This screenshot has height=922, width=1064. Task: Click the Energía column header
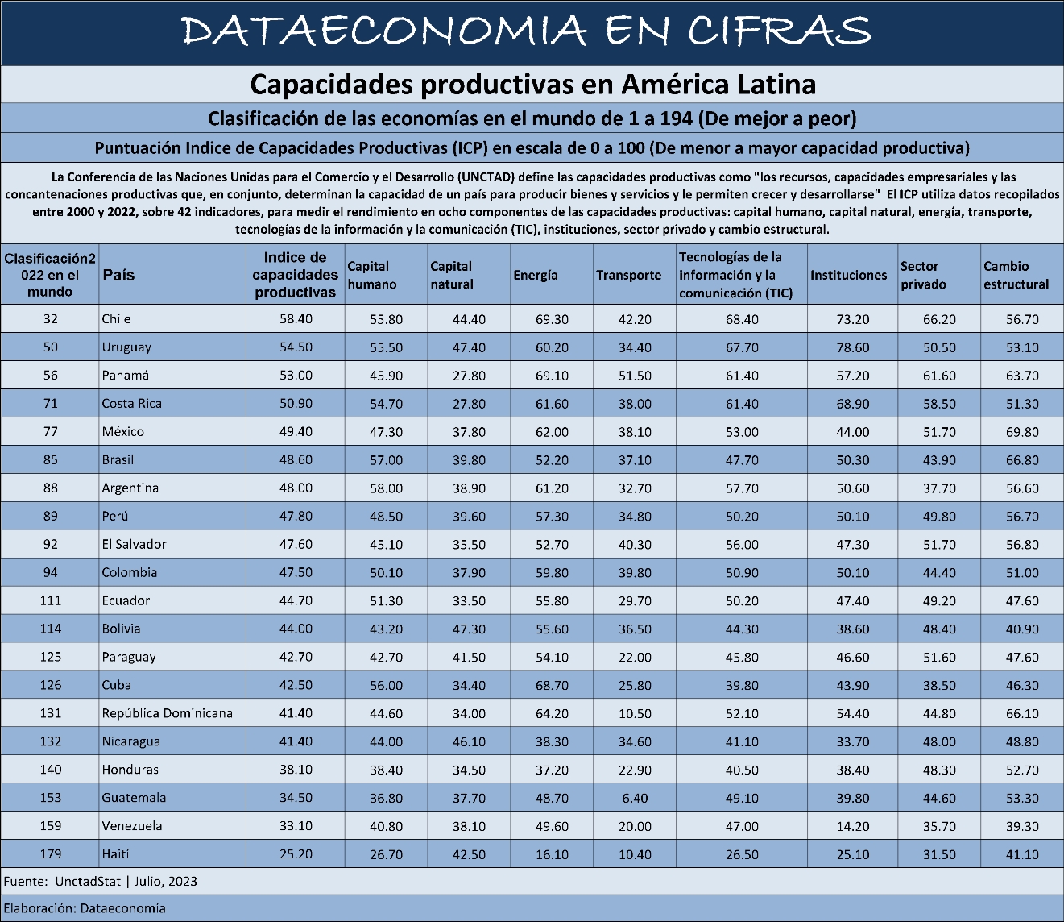536,275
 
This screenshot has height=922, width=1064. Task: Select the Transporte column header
628,275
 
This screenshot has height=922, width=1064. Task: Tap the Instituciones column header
848,275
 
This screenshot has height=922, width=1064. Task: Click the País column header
118,275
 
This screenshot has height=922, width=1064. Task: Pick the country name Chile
116,319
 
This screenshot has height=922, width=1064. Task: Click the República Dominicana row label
168,713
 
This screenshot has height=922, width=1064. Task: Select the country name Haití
115,854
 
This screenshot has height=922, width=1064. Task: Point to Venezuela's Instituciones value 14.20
852,826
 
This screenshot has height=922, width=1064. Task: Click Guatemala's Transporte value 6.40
635,798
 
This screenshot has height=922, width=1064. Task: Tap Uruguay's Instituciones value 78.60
852,347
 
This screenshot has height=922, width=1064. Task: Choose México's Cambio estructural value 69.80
1022,432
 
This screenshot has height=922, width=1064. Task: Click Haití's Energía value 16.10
552,854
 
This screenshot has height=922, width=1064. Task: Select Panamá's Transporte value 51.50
635,376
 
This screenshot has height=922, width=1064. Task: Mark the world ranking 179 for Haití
51,854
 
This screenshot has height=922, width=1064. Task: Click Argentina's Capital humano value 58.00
386,488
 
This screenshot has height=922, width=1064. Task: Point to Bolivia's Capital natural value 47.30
469,629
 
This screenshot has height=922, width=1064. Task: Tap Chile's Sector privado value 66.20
939,319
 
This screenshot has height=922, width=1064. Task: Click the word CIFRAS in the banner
780,31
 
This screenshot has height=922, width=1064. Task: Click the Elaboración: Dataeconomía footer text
85,908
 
